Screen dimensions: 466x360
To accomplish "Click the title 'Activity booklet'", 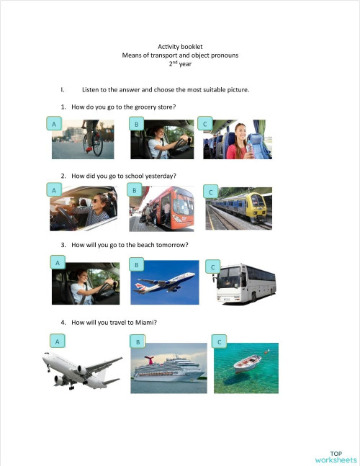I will click(179, 47).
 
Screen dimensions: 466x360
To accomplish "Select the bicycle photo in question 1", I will click(82, 139).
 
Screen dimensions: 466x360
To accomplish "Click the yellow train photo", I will click(239, 210).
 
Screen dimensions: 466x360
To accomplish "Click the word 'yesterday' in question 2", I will click(161, 176).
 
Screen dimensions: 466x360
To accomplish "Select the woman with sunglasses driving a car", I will click(84, 209).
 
